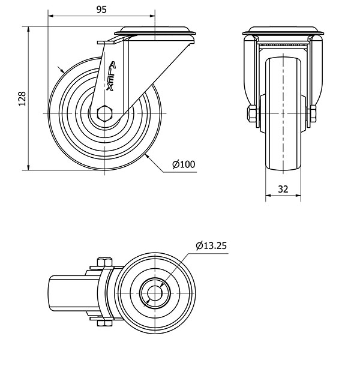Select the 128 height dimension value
pos(22,99)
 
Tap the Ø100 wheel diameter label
pos(184,164)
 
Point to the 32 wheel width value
pos(284,189)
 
